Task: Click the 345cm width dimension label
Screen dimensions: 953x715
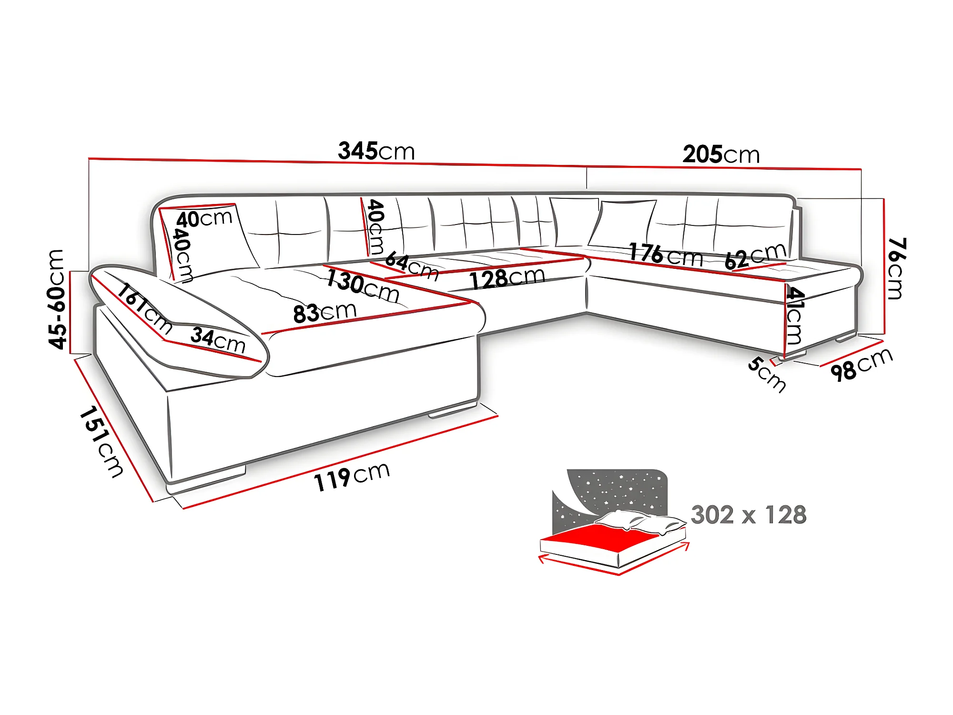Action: tap(376, 151)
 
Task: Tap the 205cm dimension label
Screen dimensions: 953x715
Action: tap(721, 154)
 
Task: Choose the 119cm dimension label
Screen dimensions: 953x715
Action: tap(352, 476)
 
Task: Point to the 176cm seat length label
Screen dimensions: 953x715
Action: tap(666, 255)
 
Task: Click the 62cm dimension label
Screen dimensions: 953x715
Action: tap(755, 256)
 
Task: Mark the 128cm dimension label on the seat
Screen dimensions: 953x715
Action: tap(507, 278)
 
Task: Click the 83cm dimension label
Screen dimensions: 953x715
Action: tap(324, 313)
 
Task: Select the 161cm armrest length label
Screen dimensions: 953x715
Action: tap(144, 308)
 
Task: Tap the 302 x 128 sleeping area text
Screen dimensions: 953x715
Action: tap(749, 515)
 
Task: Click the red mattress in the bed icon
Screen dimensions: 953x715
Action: tap(600, 539)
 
